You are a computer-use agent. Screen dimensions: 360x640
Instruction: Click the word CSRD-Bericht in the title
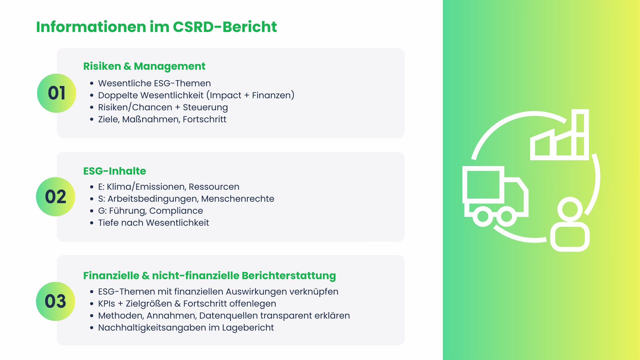225,27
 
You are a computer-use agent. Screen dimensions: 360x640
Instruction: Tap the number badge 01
57,93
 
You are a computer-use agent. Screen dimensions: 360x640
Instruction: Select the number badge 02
56,197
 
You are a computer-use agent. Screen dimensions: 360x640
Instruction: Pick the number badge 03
56,301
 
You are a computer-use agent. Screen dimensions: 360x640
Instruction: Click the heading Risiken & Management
144,66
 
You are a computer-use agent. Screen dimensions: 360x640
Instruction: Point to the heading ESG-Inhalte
115,171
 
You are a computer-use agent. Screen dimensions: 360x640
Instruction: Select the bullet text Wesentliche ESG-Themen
154,83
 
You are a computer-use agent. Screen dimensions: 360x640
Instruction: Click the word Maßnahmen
151,119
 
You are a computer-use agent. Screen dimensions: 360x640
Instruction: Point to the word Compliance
176,211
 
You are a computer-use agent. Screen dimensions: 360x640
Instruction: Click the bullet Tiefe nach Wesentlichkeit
153,223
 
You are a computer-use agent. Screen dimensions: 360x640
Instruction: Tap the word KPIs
106,303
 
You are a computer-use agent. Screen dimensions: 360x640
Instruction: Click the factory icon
559,137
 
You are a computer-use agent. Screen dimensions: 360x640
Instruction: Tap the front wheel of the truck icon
507,216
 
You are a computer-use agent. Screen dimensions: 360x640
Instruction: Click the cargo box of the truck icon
483,184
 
